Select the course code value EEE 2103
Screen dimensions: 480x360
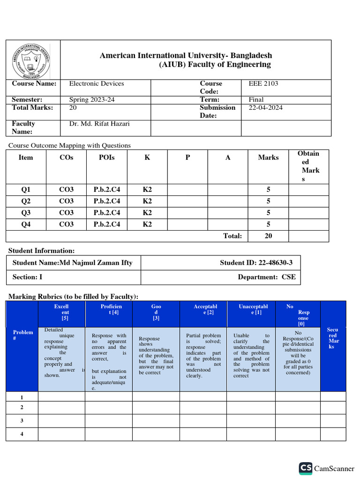(x=263, y=83)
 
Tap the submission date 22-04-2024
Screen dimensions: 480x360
(x=265, y=107)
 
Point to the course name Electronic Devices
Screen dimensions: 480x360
(x=97, y=83)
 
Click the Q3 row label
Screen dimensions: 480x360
(x=26, y=213)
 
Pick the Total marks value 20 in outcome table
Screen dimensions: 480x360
(x=268, y=236)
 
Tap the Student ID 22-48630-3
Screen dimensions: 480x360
(x=256, y=262)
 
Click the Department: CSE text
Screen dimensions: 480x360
(x=267, y=277)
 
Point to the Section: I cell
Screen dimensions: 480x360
(x=27, y=277)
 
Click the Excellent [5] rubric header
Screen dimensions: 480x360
(x=61, y=312)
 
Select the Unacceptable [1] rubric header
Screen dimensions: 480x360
(x=250, y=309)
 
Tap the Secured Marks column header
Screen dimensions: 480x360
(x=332, y=338)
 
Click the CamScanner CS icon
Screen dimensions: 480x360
(x=306, y=468)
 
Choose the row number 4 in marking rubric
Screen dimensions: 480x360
(x=22, y=434)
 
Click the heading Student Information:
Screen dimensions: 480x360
(x=42, y=251)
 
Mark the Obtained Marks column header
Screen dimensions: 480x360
(x=308, y=166)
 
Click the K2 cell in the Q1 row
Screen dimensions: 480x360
(x=147, y=189)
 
